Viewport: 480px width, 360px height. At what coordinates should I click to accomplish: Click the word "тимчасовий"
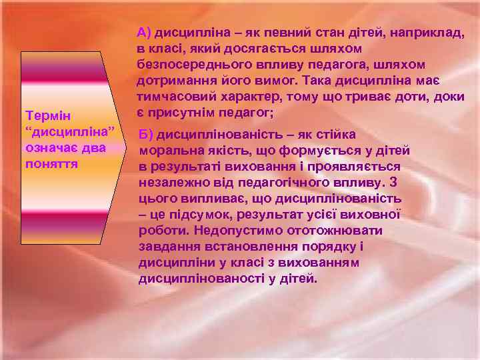175,97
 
